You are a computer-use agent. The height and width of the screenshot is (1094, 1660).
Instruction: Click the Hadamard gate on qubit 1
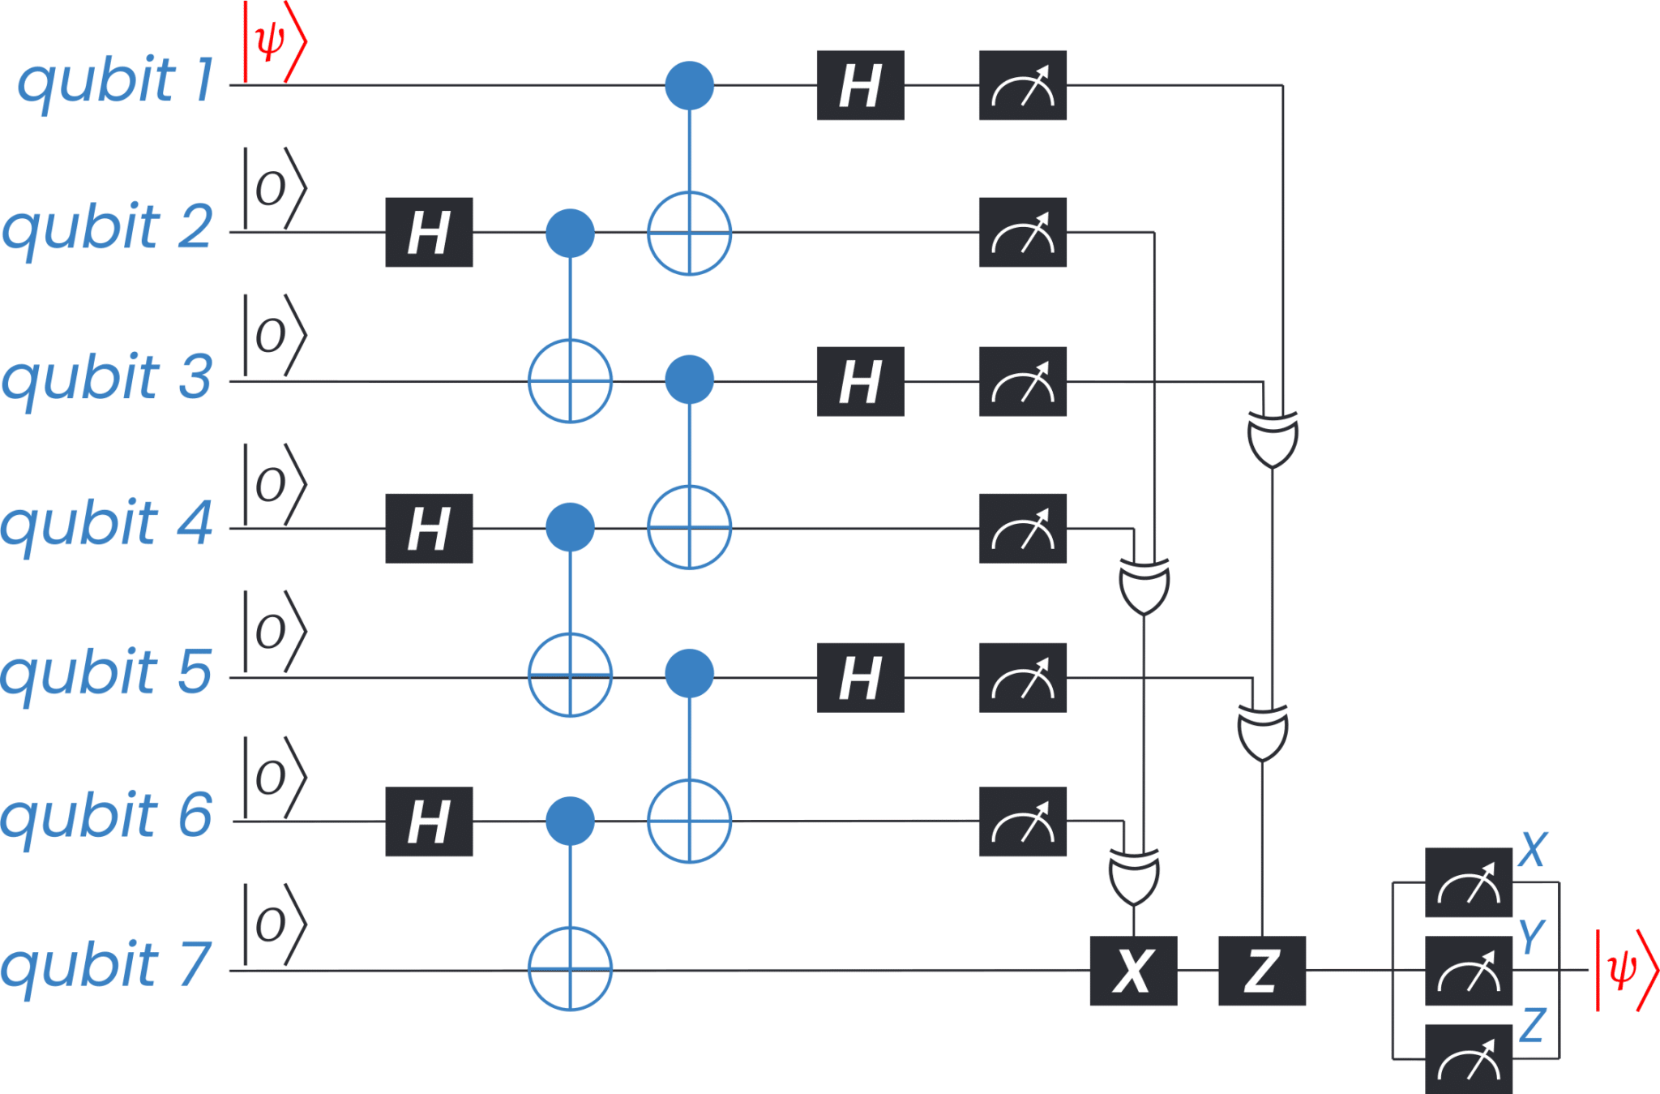coord(860,85)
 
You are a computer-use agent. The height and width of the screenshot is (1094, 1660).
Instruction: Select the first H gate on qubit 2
coord(429,233)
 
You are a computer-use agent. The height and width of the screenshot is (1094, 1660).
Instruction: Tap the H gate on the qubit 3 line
coord(860,381)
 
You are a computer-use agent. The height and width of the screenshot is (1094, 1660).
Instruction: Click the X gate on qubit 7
coord(1133,971)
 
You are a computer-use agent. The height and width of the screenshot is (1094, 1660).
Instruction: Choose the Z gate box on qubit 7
coord(1261,971)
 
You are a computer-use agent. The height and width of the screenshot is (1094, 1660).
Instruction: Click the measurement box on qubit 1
coord(1022,85)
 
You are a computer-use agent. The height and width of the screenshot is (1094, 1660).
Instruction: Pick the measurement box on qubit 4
coord(1022,528)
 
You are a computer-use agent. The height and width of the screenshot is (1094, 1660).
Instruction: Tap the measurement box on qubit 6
coord(1022,822)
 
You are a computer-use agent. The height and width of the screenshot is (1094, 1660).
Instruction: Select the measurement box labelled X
coord(1468,882)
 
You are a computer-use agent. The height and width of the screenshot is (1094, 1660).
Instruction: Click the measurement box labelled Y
coord(1468,971)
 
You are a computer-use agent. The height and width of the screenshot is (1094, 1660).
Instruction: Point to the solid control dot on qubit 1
coord(689,85)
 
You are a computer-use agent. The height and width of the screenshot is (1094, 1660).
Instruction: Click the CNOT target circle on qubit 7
coord(570,969)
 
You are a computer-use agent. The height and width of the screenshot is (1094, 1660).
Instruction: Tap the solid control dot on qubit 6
coord(570,822)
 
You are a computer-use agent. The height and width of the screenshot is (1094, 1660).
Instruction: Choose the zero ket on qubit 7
coord(274,925)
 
